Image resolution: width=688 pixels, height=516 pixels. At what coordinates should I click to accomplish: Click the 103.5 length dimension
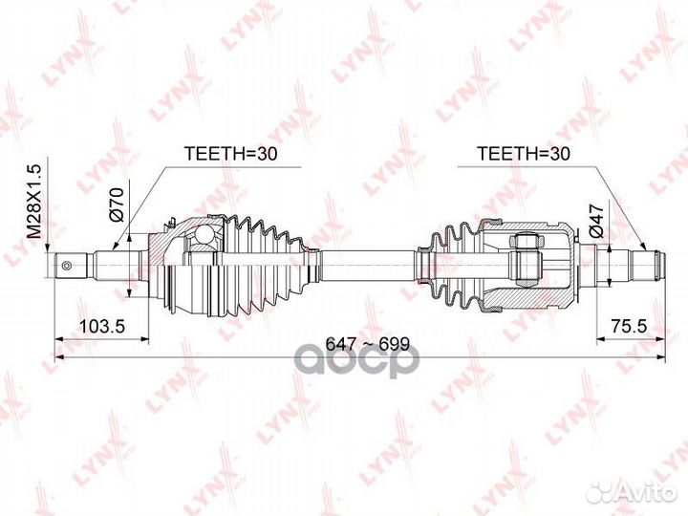[102, 326]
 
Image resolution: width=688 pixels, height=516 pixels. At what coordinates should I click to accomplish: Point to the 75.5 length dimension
[628, 326]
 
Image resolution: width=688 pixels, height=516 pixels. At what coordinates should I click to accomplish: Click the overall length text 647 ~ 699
[368, 344]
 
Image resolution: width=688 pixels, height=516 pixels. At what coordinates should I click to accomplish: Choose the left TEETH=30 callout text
[231, 154]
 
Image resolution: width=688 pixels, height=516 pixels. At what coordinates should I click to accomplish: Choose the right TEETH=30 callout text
[524, 154]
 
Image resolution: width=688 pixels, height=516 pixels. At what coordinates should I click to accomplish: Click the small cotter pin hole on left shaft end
[67, 266]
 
